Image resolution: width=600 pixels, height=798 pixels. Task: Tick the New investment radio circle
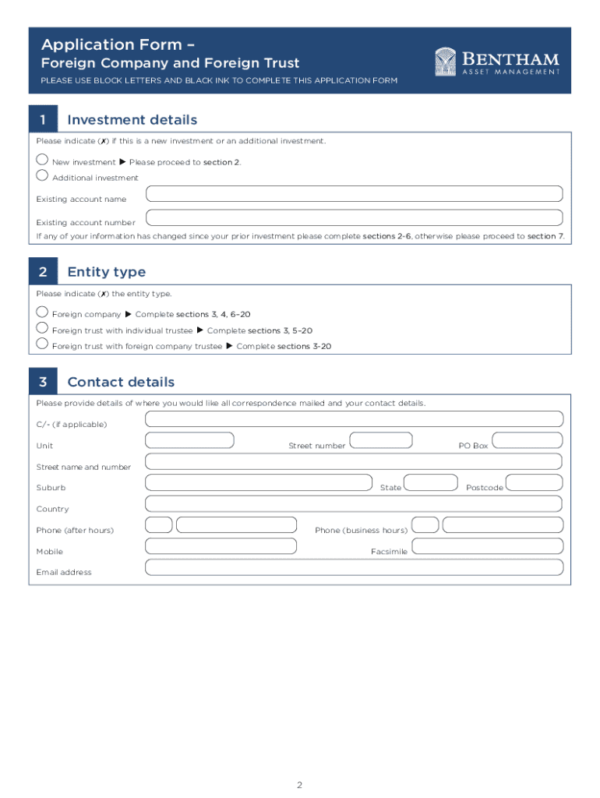tap(42, 158)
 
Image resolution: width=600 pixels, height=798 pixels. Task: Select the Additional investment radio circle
tap(42, 174)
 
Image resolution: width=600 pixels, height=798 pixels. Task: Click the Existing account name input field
tap(354, 194)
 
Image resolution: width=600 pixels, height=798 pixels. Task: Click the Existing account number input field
tap(354, 217)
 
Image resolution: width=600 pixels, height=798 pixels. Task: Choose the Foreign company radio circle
tap(42, 311)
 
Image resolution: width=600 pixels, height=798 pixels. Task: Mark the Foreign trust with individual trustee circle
tap(42, 327)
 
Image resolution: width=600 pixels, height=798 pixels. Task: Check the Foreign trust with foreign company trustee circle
tap(42, 343)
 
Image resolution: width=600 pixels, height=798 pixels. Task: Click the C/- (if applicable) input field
tap(354, 419)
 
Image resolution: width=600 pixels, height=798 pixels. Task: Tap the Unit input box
tap(189, 440)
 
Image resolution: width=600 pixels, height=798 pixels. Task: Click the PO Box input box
tap(528, 440)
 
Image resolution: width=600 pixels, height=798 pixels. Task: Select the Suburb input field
tap(259, 482)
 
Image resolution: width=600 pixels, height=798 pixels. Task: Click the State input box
tap(431, 482)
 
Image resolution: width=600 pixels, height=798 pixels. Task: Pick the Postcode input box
tap(534, 482)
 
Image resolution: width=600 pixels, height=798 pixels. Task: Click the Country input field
tap(354, 503)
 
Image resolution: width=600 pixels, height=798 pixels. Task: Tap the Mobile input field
tap(221, 546)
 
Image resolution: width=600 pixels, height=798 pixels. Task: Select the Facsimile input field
tap(486, 546)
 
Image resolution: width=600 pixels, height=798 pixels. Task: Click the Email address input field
tap(354, 567)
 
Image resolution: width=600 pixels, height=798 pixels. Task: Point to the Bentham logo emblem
tap(446, 62)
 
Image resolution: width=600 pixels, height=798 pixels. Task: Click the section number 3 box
tap(43, 382)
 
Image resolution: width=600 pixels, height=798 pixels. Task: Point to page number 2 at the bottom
tap(299, 784)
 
